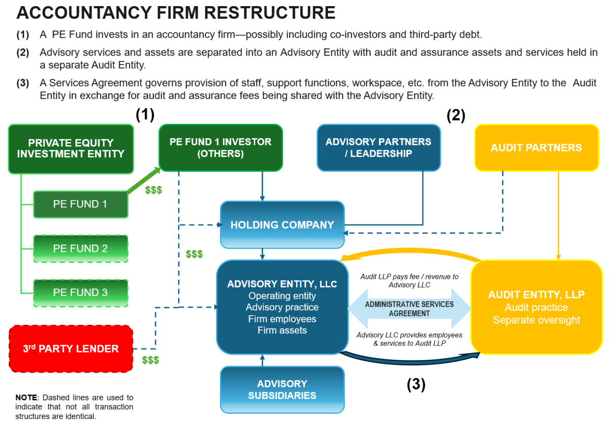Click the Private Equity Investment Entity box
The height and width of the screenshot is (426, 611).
[71, 148]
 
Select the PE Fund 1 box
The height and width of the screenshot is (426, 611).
[80, 204]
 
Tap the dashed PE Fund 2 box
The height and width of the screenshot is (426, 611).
[80, 248]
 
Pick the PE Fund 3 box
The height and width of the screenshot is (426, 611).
[80, 292]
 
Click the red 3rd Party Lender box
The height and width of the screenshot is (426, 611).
[71, 349]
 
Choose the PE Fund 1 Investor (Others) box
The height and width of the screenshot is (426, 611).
[220, 147]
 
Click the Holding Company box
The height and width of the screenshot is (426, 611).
[282, 225]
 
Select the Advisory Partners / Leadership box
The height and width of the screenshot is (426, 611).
[378, 147]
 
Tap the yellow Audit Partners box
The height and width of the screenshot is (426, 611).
[536, 148]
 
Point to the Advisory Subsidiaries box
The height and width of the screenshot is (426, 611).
[282, 389]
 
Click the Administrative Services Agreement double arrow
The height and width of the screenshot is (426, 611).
[409, 309]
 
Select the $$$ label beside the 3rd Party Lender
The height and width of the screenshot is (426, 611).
[151, 360]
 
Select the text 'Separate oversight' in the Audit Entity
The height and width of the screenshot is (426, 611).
[536, 320]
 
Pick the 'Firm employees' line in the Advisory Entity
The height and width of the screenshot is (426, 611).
[282, 319]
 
